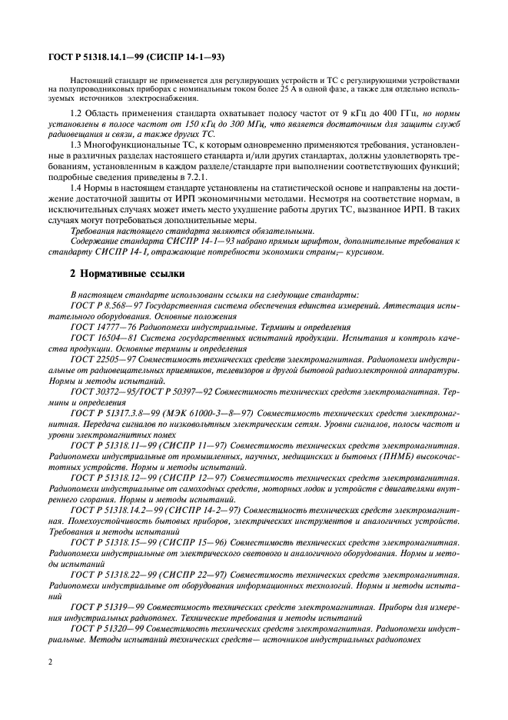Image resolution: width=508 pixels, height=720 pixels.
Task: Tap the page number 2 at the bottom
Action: click(51, 661)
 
